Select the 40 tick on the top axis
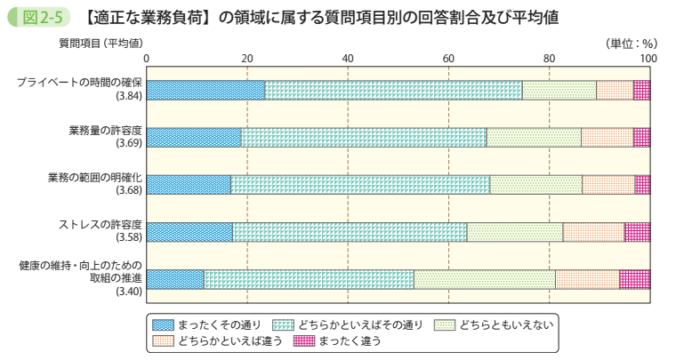click(348, 59)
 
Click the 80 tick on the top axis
click(550, 59)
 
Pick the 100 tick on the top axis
click(648, 59)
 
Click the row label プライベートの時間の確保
click(80, 83)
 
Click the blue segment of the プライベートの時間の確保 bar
click(205, 89)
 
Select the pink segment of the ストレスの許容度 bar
click(637, 232)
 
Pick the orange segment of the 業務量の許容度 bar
click(607, 137)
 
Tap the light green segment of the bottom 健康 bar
click(484, 279)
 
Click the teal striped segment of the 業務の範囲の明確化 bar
click(359, 184)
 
